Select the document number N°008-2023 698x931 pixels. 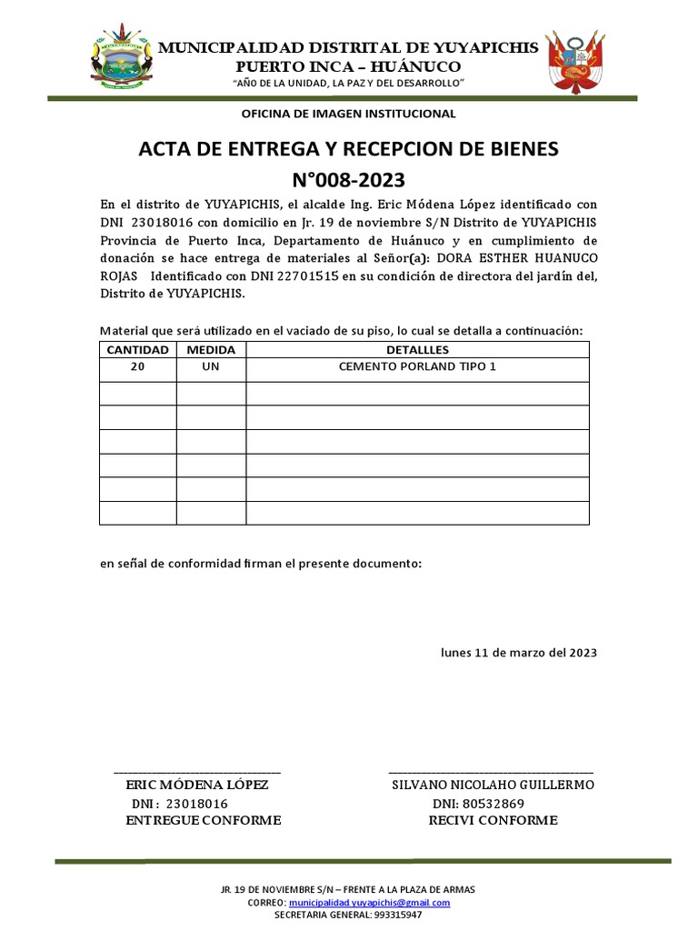point(349,179)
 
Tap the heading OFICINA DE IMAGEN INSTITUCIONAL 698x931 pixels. point(348,114)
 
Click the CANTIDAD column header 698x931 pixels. point(137,350)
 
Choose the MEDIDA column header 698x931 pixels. point(211,350)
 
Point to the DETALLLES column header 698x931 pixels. point(417,350)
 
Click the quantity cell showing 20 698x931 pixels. point(137,366)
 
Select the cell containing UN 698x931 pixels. point(211,366)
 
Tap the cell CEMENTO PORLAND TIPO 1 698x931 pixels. point(417,366)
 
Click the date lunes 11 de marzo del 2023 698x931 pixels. point(519,653)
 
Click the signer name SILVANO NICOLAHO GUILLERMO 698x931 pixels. point(493,785)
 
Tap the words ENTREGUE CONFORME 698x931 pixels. point(203,821)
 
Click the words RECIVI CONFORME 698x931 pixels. point(493,821)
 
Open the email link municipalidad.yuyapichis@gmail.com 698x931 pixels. point(369,903)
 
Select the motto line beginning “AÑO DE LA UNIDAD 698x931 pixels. point(349,84)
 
